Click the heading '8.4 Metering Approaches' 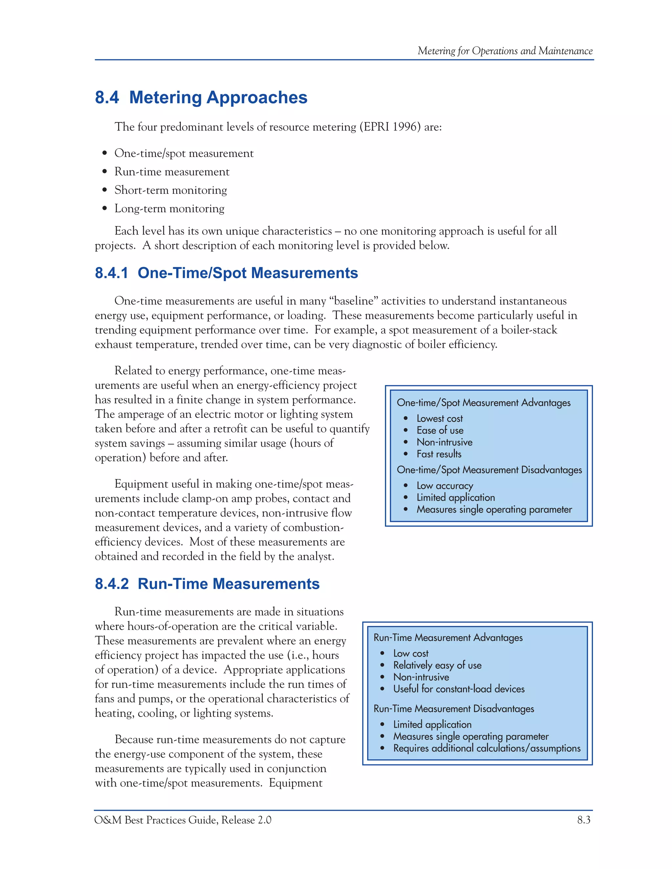click(x=201, y=98)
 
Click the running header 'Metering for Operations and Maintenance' click(x=505, y=51)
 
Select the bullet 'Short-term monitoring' click(x=170, y=190)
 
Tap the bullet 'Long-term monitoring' click(x=169, y=209)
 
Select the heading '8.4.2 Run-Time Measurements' click(x=207, y=584)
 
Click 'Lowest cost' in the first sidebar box click(x=439, y=418)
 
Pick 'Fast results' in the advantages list click(x=439, y=454)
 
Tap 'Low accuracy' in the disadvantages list click(x=445, y=486)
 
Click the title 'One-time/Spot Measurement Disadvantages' click(x=489, y=470)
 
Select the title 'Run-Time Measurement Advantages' click(x=448, y=638)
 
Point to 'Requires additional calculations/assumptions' click(x=487, y=748)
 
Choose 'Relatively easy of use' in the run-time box click(x=437, y=665)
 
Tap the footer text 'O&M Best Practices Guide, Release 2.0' click(x=183, y=820)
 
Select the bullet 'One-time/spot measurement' click(x=183, y=153)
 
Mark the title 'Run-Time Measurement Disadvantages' click(x=453, y=709)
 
